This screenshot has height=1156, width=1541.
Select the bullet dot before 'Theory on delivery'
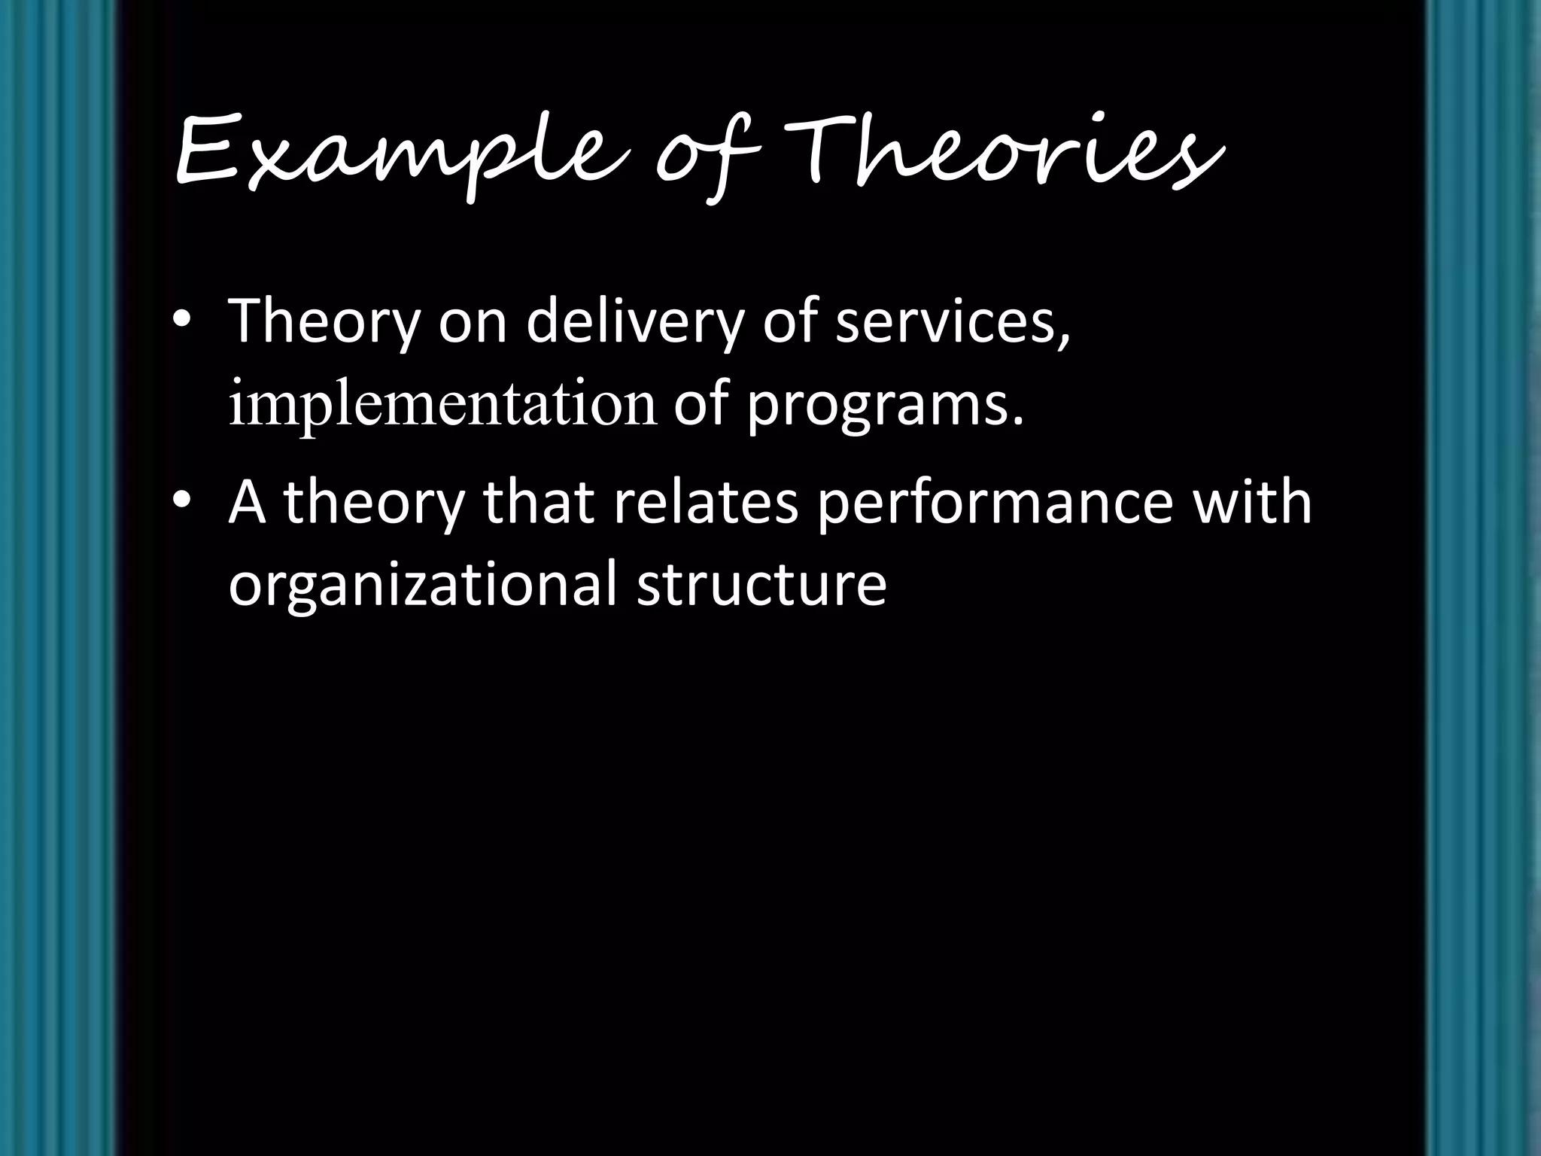pos(181,321)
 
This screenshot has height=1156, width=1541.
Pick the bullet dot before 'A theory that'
pos(181,502)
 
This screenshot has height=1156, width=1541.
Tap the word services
pos(952,322)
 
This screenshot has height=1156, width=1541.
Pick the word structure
pos(761,586)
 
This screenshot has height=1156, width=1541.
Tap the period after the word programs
pos(1019,421)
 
